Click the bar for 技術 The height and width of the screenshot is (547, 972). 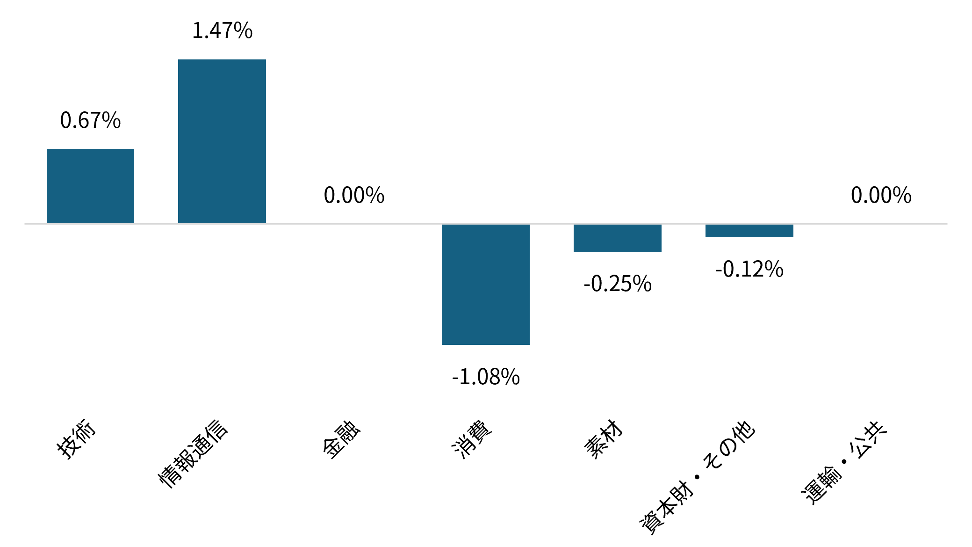(x=90, y=186)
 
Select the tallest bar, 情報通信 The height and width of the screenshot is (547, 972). (x=222, y=141)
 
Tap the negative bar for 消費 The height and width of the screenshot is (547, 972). (x=486, y=284)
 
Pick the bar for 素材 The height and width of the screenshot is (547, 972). (x=618, y=238)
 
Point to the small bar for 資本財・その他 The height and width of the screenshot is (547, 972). (x=749, y=231)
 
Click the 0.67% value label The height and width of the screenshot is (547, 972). (x=90, y=120)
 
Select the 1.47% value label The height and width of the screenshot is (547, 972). (x=222, y=30)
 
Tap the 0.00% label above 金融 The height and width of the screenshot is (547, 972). (x=354, y=195)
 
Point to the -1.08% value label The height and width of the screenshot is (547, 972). (x=486, y=377)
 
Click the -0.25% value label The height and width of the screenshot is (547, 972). (x=618, y=284)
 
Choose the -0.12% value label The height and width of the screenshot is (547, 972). (x=749, y=269)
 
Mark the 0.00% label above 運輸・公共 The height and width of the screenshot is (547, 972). (x=881, y=195)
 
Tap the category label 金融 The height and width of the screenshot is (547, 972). (x=342, y=439)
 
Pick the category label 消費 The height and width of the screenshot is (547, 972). (x=472, y=439)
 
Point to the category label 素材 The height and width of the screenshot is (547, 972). (x=604, y=439)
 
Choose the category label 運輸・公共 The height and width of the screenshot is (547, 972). (x=844, y=462)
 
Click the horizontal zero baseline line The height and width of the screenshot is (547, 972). (x=486, y=224)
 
